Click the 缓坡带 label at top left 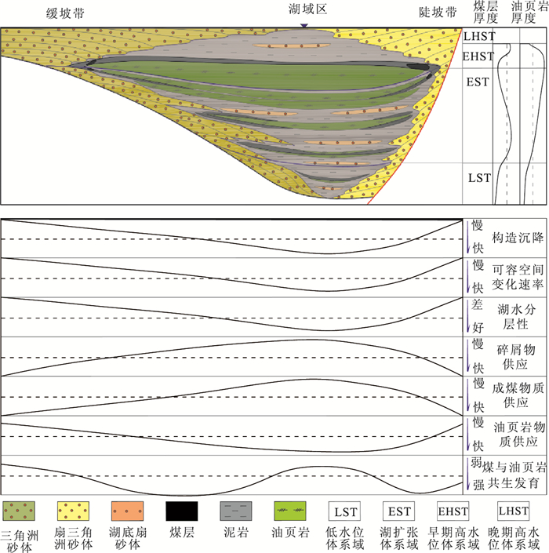[x=65, y=13]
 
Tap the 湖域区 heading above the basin [x=307, y=9]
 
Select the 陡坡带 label [x=438, y=13]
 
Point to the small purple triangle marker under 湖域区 [x=304, y=26]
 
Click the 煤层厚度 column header [x=485, y=12]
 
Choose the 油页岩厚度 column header [x=529, y=12]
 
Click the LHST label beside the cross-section [x=479, y=36]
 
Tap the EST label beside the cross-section [x=478, y=82]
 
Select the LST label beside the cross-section [x=479, y=178]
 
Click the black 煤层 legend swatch [x=182, y=511]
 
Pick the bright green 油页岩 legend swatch [x=290, y=511]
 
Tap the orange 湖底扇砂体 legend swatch [x=128, y=511]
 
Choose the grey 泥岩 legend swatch [x=236, y=511]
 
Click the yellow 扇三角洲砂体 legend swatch [x=74, y=511]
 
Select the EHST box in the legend [x=453, y=511]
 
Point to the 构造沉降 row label [x=518, y=238]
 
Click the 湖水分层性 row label [x=517, y=316]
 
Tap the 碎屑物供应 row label [x=516, y=357]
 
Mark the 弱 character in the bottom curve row [x=476, y=462]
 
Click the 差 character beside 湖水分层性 [x=477, y=304]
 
